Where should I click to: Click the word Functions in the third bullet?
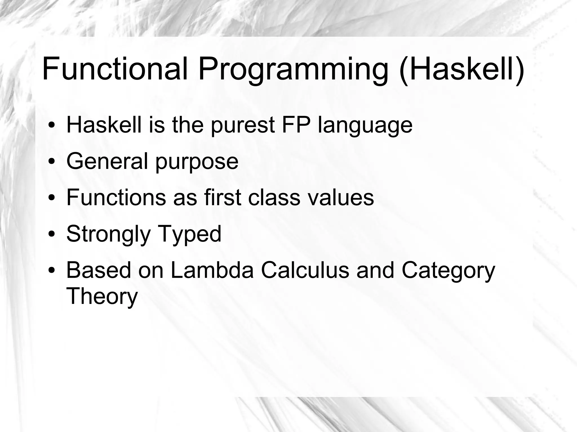(x=116, y=197)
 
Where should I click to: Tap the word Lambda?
(x=212, y=270)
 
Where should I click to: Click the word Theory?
(x=102, y=297)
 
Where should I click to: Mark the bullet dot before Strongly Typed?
(x=51, y=234)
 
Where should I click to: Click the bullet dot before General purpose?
(x=51, y=162)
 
